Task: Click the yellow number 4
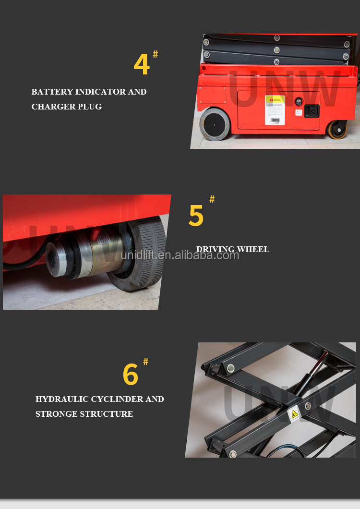(x=142, y=65)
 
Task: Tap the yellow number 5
(x=196, y=216)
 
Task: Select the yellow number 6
(x=130, y=375)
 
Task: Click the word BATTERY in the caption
(x=52, y=92)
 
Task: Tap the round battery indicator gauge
(x=299, y=102)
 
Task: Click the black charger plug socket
(x=312, y=111)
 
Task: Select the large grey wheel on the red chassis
(x=215, y=124)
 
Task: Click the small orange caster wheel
(x=337, y=131)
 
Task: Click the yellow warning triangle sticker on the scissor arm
(x=294, y=413)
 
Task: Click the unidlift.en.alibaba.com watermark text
(x=180, y=255)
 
